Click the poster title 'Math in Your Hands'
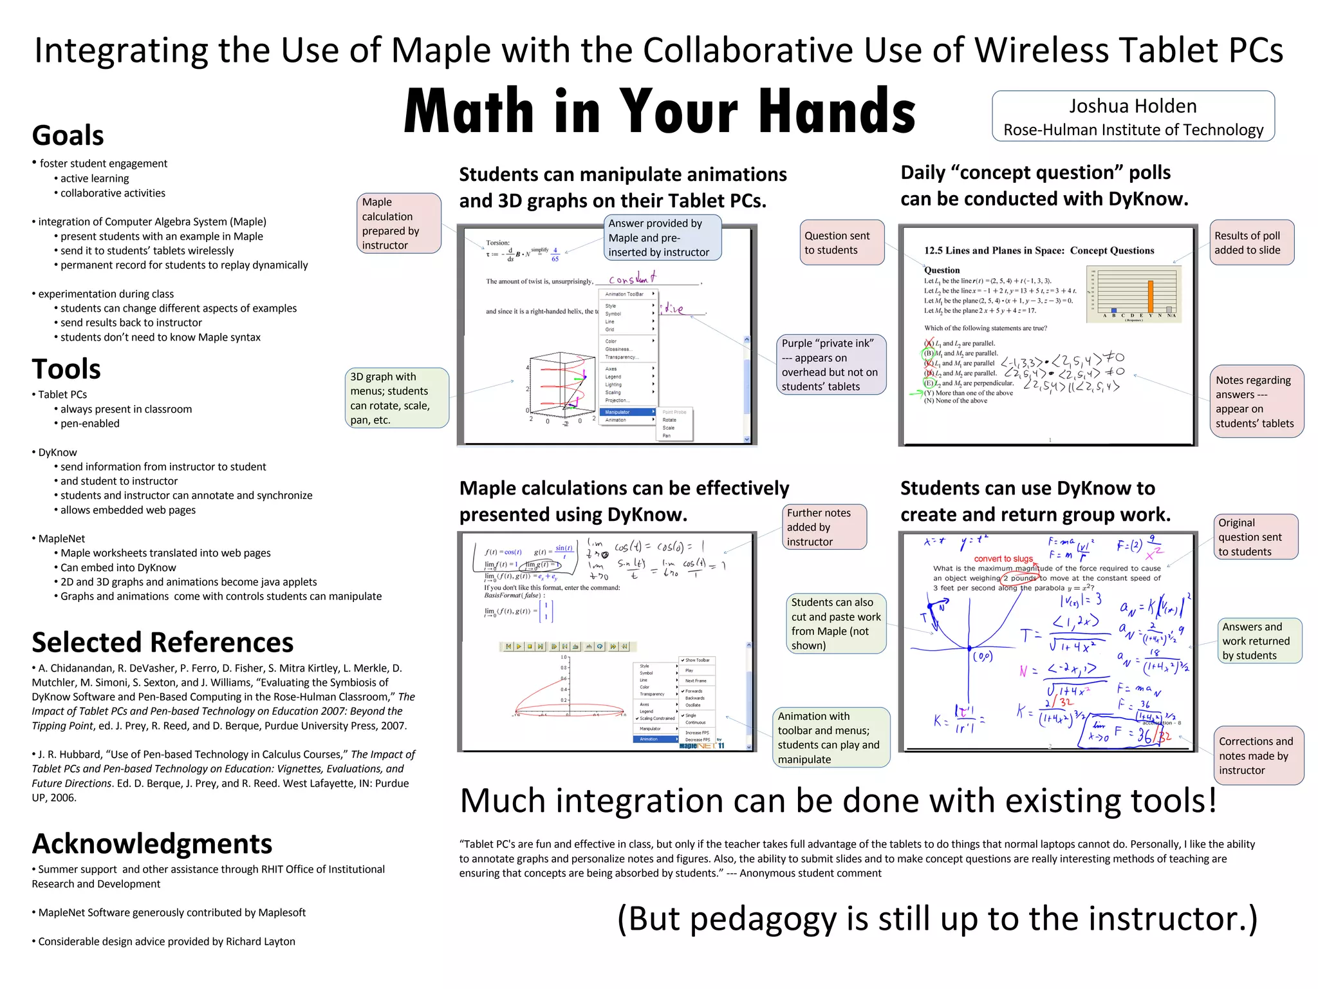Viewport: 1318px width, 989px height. [660, 111]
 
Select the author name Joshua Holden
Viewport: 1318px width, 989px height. [1133, 106]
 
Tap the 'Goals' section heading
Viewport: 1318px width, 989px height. [68, 135]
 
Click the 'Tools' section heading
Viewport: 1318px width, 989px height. [66, 369]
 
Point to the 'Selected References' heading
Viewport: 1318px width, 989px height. [163, 642]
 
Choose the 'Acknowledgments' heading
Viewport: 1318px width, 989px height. [153, 843]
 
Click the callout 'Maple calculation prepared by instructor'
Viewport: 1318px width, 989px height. [399, 223]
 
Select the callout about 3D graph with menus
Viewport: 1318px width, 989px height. [396, 398]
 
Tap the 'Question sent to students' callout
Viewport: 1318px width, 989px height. [842, 243]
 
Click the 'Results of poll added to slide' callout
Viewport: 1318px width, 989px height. [1252, 243]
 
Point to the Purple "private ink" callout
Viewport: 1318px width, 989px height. [830, 364]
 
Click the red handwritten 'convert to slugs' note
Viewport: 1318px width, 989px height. [1003, 558]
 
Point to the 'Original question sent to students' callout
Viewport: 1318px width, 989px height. [1256, 537]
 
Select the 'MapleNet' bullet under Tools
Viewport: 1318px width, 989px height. [61, 538]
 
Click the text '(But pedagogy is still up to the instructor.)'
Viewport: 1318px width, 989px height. [937, 918]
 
